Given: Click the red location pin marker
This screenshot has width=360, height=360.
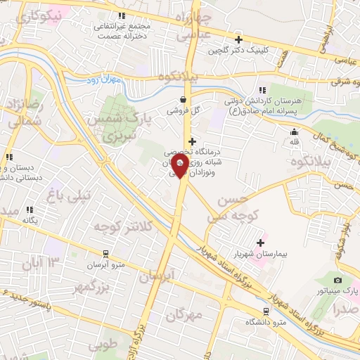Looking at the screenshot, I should click(x=180, y=167).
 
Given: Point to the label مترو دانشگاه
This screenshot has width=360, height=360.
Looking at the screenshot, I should click(x=266, y=321).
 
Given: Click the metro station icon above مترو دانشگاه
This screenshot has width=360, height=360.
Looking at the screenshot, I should click(x=266, y=311).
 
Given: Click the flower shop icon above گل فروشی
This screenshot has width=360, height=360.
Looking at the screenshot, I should click(x=184, y=99).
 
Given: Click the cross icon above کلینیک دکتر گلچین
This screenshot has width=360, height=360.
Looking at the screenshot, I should click(x=239, y=39).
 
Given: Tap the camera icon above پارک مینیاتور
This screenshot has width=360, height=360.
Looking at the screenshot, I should click(x=337, y=281).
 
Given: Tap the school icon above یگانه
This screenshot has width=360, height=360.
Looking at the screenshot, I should click(x=30, y=210).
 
